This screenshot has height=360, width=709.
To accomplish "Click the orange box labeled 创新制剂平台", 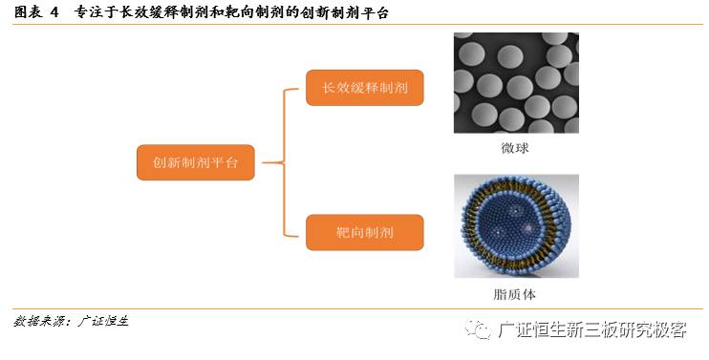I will [x=196, y=161].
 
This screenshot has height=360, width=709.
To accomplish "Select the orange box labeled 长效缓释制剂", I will [x=365, y=89].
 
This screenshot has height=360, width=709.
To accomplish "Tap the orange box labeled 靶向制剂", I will [x=365, y=232].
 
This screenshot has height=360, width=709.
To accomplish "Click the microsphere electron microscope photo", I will [x=516, y=83].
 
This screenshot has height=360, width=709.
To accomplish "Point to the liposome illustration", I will [x=516, y=225].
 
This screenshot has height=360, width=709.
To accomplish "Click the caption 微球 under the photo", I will [x=515, y=148].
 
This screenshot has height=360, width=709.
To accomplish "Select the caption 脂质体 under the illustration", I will [x=515, y=294].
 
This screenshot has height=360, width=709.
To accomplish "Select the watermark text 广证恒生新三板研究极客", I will [x=592, y=330].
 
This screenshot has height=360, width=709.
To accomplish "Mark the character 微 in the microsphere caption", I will [x=507, y=148].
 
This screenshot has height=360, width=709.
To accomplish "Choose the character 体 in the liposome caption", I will [x=530, y=294].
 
